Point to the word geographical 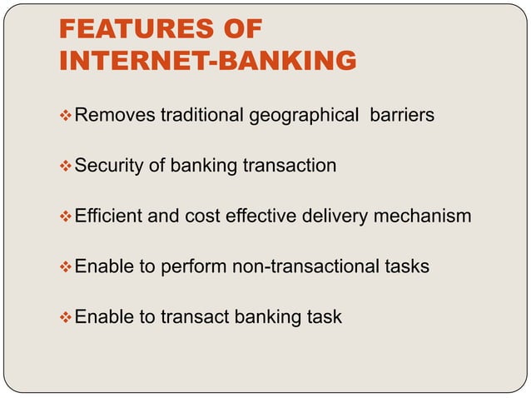click(300, 116)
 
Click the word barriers click(401, 116)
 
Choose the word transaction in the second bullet click(289, 166)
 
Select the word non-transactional click(301, 266)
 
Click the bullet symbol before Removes click(67, 116)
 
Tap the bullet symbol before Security click(67, 166)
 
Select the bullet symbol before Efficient click(67, 216)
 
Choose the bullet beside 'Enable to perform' click(67, 266)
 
